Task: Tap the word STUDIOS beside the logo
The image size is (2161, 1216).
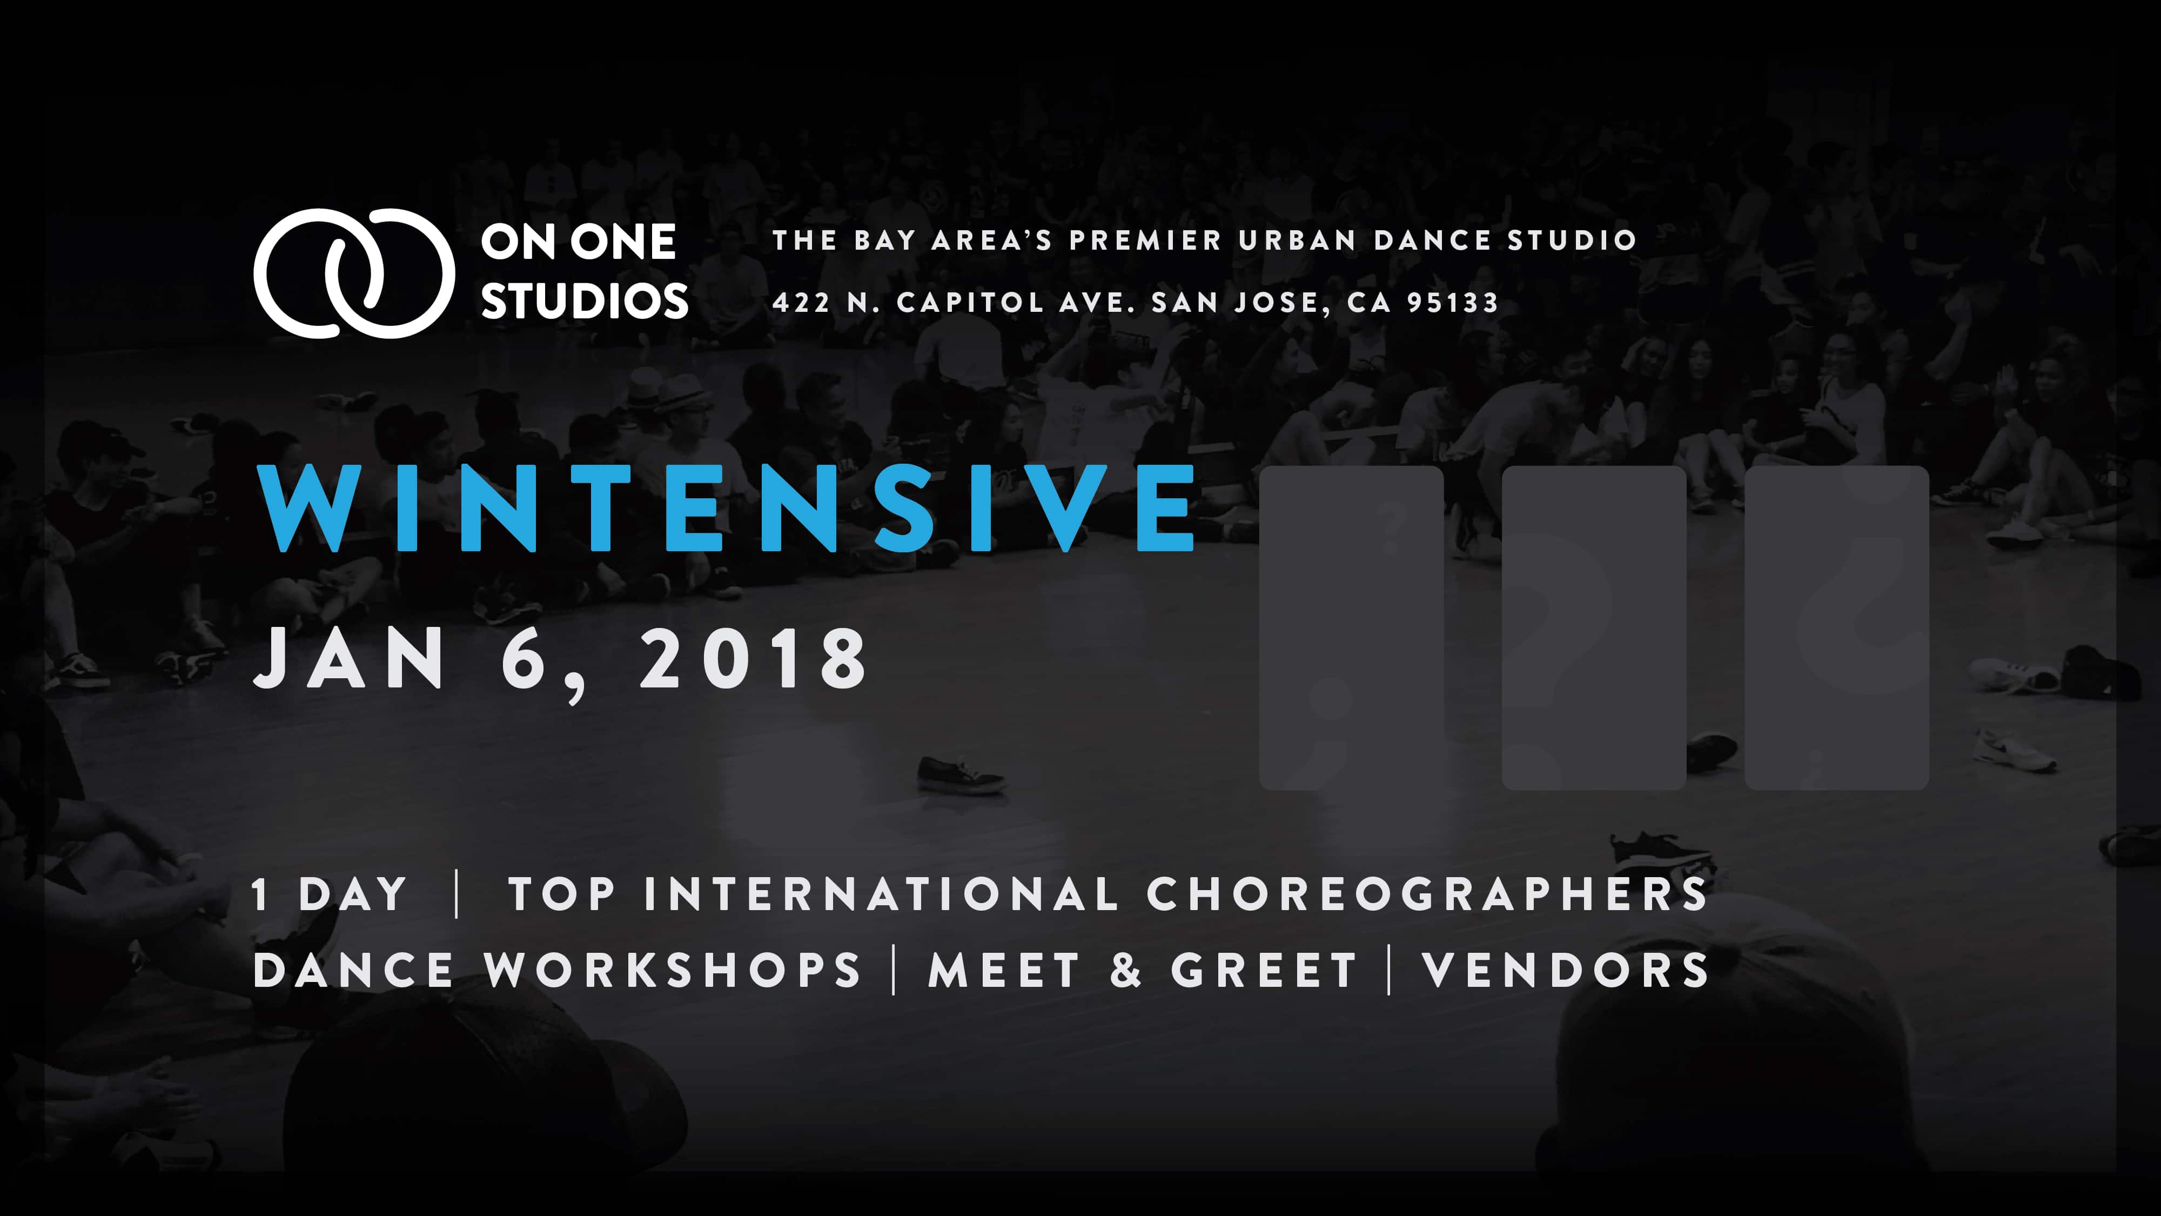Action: pyautogui.click(x=585, y=301)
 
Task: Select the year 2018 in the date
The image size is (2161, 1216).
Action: pyautogui.click(x=753, y=659)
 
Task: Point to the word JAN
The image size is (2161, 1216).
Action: pyautogui.click(x=349, y=659)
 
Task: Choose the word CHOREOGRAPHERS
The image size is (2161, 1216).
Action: pyautogui.click(x=1427, y=894)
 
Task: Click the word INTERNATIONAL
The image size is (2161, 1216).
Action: pyautogui.click(x=881, y=894)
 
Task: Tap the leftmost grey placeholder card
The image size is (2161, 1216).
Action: pyautogui.click(x=1352, y=627)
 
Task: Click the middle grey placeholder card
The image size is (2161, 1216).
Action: pyautogui.click(x=1594, y=627)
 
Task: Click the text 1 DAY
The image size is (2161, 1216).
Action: pyautogui.click(x=330, y=894)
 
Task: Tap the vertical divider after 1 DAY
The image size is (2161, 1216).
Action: pyautogui.click(x=457, y=894)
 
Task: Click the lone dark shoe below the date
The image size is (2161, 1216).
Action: pyautogui.click(x=961, y=774)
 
